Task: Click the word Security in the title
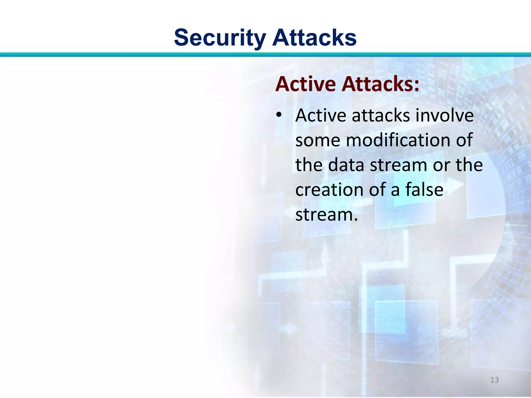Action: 220,38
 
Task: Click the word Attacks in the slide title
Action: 314,38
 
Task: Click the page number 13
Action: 494,380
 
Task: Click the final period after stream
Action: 355,220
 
